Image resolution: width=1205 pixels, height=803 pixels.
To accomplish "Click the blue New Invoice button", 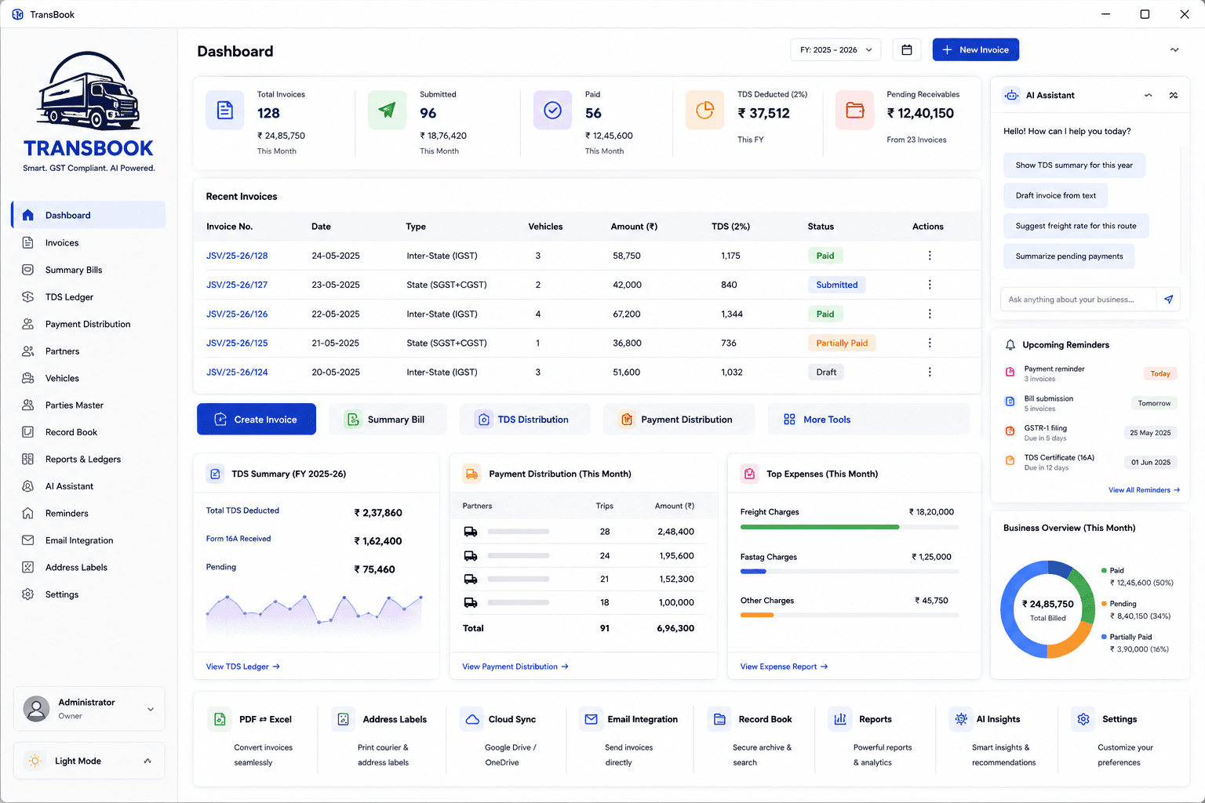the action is click(975, 49).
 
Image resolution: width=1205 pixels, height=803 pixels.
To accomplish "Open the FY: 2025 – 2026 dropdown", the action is click(835, 49).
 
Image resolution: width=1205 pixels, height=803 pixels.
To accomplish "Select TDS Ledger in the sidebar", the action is click(69, 297).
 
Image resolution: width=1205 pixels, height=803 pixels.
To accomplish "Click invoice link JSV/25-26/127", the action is click(237, 285).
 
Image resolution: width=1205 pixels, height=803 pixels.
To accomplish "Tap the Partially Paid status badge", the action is click(842, 343).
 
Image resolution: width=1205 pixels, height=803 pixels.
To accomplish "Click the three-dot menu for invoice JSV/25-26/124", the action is click(930, 372).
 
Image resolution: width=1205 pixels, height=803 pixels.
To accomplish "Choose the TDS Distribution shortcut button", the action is click(525, 419).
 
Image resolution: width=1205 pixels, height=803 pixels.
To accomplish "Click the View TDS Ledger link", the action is click(242, 667).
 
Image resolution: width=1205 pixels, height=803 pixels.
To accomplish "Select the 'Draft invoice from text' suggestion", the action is click(1055, 195).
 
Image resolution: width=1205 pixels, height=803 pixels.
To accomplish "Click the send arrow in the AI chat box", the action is click(1168, 299).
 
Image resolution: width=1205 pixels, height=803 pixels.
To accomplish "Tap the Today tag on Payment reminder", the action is click(1159, 373).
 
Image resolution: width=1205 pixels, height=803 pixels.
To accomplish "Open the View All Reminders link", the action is click(1144, 490).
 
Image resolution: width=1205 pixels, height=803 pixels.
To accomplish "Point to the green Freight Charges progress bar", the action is click(819, 527).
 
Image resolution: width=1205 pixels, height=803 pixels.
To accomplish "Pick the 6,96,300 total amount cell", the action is click(675, 627).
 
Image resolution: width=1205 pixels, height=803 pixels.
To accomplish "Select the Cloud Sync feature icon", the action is click(472, 719).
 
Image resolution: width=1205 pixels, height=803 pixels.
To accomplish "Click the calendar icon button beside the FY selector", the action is click(906, 49).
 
